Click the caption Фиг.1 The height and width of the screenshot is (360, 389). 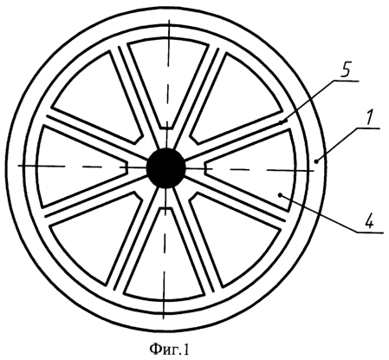click(170, 349)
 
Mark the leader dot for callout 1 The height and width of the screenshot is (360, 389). click(317, 162)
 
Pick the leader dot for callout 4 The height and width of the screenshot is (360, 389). click(280, 195)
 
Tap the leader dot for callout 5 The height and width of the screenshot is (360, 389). click(281, 122)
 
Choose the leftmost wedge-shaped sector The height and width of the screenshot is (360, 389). click(78, 167)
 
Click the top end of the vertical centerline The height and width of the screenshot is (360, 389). click(170, 19)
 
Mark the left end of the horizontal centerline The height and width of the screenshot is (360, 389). click(18, 166)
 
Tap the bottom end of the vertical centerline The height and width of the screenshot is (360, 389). click(164, 318)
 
